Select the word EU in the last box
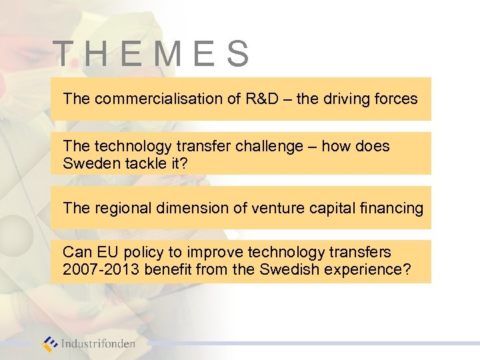click(105, 253)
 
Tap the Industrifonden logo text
click(98, 345)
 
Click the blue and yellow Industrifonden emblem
click(50, 344)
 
